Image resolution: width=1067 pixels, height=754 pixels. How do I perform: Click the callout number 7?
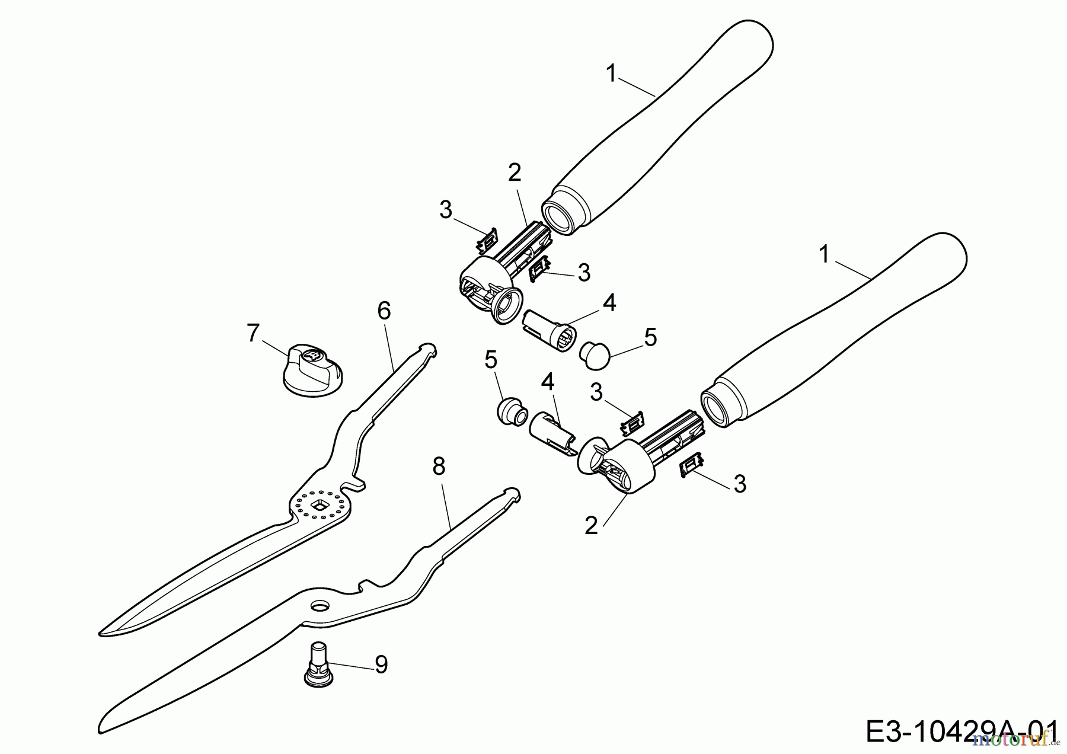(253, 333)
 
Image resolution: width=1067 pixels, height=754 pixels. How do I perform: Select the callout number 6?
(384, 311)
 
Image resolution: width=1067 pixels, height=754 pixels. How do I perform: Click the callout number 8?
(438, 467)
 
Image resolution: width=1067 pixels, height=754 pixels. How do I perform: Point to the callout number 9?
(381, 664)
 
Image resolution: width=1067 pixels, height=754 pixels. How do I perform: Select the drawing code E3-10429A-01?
(961, 731)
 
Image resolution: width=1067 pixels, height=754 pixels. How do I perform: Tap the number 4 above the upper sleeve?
(609, 303)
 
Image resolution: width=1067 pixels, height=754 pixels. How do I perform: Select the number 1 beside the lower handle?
(824, 254)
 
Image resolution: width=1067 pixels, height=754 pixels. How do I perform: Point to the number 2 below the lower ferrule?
(591, 525)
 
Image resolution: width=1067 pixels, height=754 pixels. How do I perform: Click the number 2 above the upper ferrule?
(514, 172)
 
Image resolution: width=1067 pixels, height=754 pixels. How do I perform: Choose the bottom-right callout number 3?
(740, 484)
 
